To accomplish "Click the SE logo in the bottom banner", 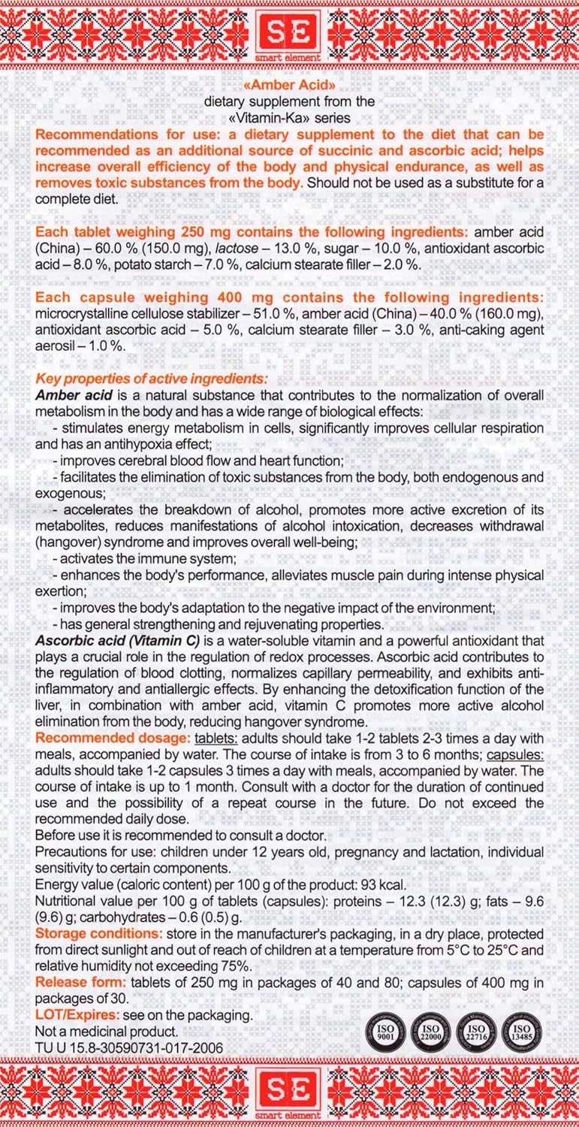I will click(x=289, y=1091).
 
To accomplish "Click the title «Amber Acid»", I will click(x=289, y=86).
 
